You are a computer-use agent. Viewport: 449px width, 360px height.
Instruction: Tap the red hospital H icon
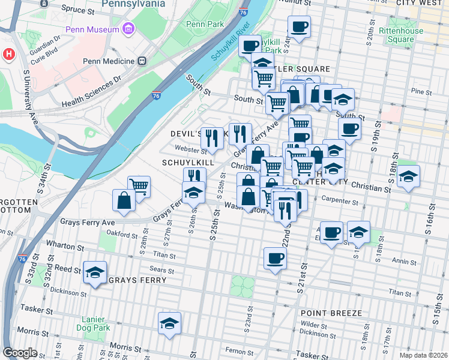point(8,54)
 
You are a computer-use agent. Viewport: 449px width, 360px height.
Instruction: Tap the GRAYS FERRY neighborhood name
point(133,280)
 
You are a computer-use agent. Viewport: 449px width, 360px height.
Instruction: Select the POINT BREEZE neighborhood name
point(331,313)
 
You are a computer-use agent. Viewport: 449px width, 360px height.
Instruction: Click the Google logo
point(20,353)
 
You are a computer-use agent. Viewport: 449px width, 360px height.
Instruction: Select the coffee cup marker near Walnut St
point(299,26)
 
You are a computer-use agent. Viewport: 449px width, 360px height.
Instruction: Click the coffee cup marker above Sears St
point(275,258)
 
